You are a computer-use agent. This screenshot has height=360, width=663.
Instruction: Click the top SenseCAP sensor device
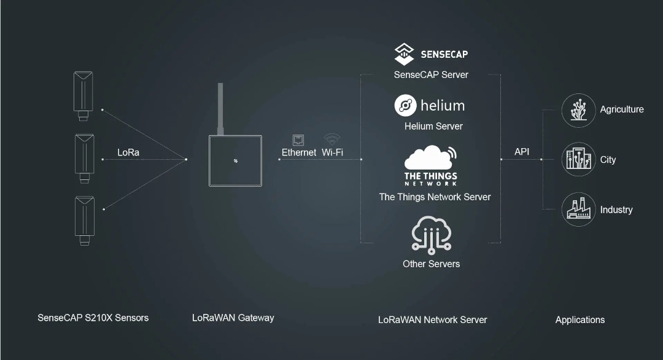pyautogui.click(x=83, y=96)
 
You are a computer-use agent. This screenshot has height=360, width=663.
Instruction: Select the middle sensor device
pyautogui.click(x=84, y=158)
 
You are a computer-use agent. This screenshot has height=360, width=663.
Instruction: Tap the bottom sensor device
pyautogui.click(x=84, y=221)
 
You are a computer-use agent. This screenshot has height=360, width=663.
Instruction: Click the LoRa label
pyautogui.click(x=128, y=152)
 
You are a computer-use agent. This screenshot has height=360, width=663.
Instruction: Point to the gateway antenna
pyautogui.click(x=220, y=109)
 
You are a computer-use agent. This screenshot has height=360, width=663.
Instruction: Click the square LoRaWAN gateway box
pyautogui.click(x=235, y=161)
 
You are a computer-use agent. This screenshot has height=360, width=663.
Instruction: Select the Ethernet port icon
pyautogui.click(x=298, y=139)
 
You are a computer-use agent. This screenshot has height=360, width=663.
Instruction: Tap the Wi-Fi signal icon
pyautogui.click(x=332, y=139)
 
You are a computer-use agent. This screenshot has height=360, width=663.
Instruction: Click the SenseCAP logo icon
pyautogui.click(x=404, y=54)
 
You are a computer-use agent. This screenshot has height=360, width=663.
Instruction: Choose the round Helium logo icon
pyautogui.click(x=406, y=105)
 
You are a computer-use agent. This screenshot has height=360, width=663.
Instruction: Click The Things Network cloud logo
pyautogui.click(x=430, y=165)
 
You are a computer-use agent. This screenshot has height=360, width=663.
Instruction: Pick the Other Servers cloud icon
pyautogui.click(x=432, y=235)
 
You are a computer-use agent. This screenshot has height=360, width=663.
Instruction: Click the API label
pyautogui.click(x=522, y=152)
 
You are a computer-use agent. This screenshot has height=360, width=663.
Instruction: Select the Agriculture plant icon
pyautogui.click(x=578, y=111)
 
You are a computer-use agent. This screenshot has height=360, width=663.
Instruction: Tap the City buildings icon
pyautogui.click(x=578, y=160)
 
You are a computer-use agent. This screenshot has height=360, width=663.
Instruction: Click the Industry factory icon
pyautogui.click(x=578, y=210)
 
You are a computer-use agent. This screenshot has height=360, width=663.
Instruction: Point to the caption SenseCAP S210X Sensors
pyautogui.click(x=93, y=318)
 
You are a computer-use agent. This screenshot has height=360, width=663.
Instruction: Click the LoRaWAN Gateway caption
pyautogui.click(x=233, y=318)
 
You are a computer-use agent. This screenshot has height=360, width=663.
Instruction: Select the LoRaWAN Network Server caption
pyautogui.click(x=433, y=320)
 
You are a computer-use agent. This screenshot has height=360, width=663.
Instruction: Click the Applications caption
pyautogui.click(x=580, y=320)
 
